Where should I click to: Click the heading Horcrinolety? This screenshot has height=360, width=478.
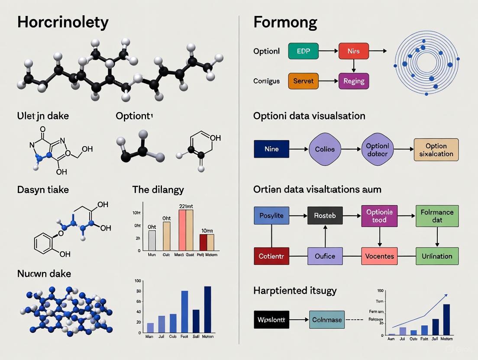(63, 22)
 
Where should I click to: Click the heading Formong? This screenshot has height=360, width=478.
(285, 22)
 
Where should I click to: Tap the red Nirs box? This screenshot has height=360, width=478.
(354, 51)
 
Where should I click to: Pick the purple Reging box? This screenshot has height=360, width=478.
(354, 81)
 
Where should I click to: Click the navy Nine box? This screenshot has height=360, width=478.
(271, 149)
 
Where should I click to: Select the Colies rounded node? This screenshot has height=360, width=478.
(325, 149)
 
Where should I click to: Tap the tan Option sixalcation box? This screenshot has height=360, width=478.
(436, 150)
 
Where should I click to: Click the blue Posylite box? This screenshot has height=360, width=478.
(271, 215)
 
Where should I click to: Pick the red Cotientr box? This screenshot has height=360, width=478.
(271, 256)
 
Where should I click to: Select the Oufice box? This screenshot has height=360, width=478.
(325, 256)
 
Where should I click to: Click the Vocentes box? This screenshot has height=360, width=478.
(379, 256)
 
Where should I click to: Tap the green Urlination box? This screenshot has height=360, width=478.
(437, 256)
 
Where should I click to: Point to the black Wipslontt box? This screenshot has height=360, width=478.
(271, 320)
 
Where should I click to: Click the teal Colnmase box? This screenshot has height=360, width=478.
(327, 320)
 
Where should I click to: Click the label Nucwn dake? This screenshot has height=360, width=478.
(44, 273)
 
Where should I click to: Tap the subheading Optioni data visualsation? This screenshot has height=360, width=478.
(309, 116)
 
